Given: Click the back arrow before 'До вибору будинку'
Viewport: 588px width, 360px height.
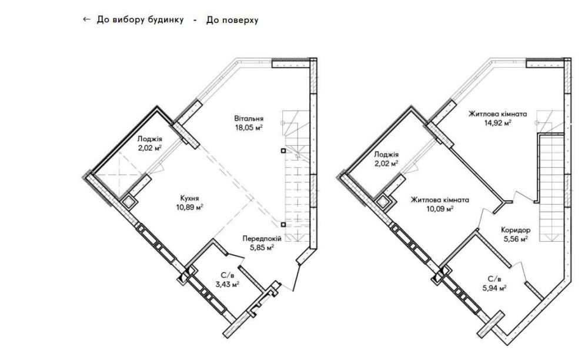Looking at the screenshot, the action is (86, 19).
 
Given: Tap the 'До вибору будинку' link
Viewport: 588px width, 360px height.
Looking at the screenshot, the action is (141, 19).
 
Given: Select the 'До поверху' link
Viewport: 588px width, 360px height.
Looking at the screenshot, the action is (232, 20).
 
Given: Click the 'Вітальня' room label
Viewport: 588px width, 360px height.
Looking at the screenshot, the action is (249, 118).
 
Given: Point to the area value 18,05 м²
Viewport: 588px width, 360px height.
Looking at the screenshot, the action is (249, 127).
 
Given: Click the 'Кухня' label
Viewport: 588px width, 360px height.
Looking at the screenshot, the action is (190, 198).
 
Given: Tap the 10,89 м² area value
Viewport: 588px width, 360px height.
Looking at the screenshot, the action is (190, 207).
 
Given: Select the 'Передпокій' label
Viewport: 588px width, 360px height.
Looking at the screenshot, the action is (262, 238).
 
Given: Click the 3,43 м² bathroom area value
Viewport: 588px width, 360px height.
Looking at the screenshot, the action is (227, 284).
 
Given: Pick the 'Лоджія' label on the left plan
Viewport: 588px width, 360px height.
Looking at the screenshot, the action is (149, 139).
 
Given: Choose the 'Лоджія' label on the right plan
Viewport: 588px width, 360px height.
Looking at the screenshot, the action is (386, 155).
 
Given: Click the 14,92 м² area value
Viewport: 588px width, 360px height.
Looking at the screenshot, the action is (497, 122).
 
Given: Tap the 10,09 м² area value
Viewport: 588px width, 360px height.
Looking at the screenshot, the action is (440, 209).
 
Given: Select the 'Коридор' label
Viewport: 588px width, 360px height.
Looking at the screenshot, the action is (516, 230).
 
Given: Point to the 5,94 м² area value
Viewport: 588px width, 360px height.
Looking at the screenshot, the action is (495, 288).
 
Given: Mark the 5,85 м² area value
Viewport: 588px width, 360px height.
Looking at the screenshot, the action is (262, 247).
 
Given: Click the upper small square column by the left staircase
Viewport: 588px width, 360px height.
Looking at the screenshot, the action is (283, 151).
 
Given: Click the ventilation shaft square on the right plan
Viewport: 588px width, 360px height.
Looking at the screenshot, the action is (384, 202).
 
